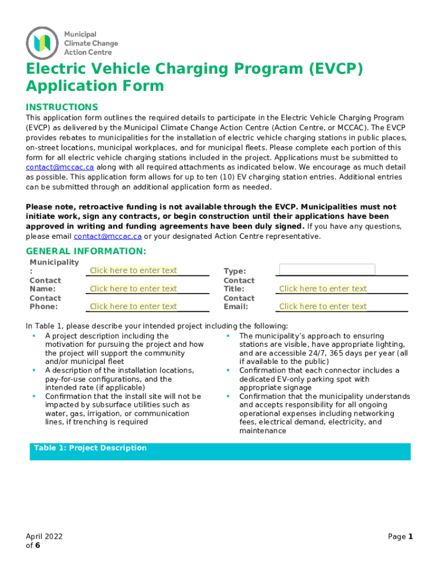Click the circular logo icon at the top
pyautogui.click(x=42, y=43)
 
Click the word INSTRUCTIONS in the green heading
pyautogui.click(x=62, y=107)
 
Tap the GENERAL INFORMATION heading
pyautogui.click(x=86, y=251)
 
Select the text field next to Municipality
pyautogui.click(x=133, y=270)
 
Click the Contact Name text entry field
pyautogui.click(x=133, y=289)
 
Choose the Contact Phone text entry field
pyautogui.click(x=133, y=306)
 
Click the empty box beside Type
pyautogui.click(x=327, y=270)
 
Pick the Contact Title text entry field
pyautogui.click(x=323, y=289)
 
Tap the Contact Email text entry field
pyautogui.click(x=323, y=306)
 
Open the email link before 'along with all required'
pyautogui.click(x=60, y=167)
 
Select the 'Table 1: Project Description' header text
pyautogui.click(x=90, y=448)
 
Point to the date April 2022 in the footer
pyautogui.click(x=44, y=536)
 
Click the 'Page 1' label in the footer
pyautogui.click(x=400, y=536)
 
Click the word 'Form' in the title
pyautogui.click(x=145, y=86)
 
